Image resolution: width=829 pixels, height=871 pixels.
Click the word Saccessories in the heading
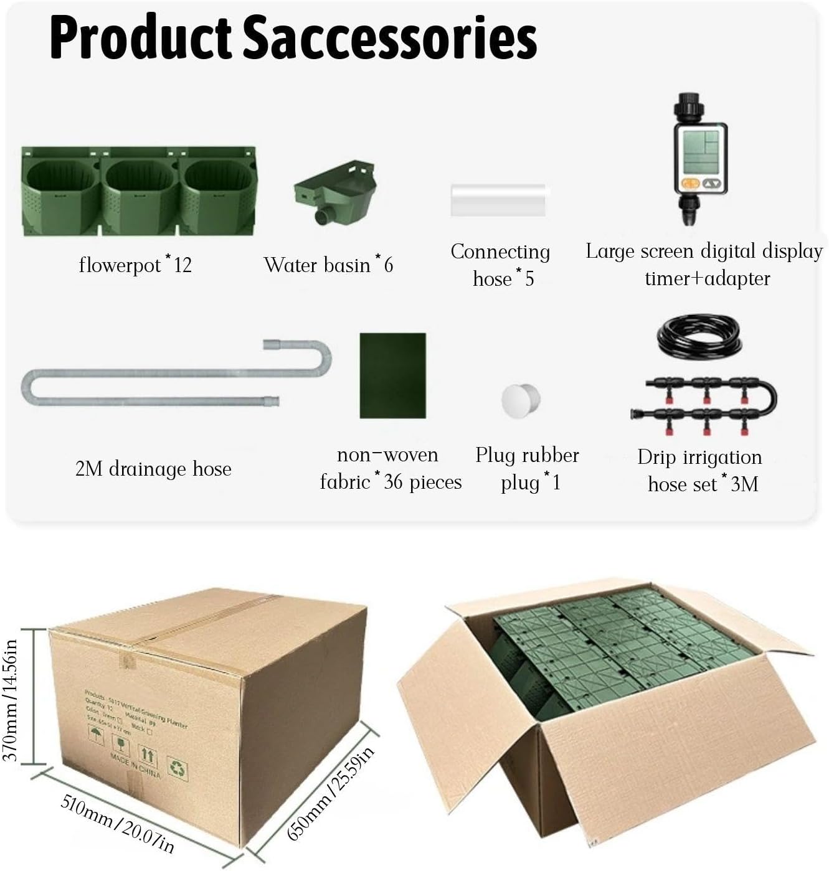pyautogui.click(x=389, y=39)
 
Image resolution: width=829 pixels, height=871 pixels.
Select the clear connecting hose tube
pyautogui.click(x=498, y=199)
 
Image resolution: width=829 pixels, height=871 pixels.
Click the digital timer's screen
pyautogui.click(x=700, y=152)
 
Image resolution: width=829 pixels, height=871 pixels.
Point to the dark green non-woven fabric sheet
pyautogui.click(x=392, y=375)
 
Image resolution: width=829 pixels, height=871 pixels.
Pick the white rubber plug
pyautogui.click(x=521, y=400)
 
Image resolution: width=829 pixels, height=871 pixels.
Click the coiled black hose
pyautogui.click(x=699, y=336)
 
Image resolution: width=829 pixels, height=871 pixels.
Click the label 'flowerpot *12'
pyautogui.click(x=135, y=265)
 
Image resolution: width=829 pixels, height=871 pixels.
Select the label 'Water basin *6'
pyautogui.click(x=328, y=265)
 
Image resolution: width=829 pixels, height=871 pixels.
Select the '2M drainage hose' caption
pyautogui.click(x=153, y=468)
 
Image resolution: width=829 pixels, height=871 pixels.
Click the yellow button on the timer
pyautogui.click(x=688, y=183)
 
